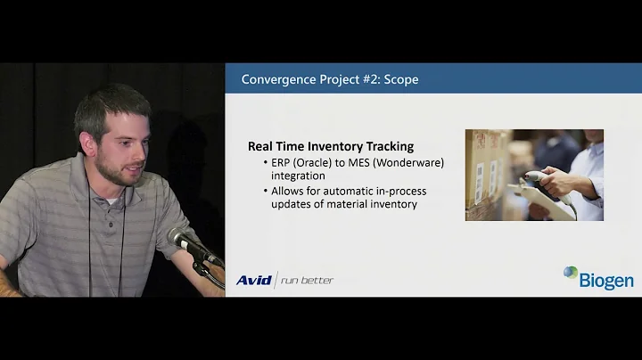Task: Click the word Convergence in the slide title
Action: [x=279, y=79]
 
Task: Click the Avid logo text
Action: [x=253, y=280]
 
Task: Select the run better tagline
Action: [x=307, y=280]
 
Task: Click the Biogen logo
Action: [x=598, y=278]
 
